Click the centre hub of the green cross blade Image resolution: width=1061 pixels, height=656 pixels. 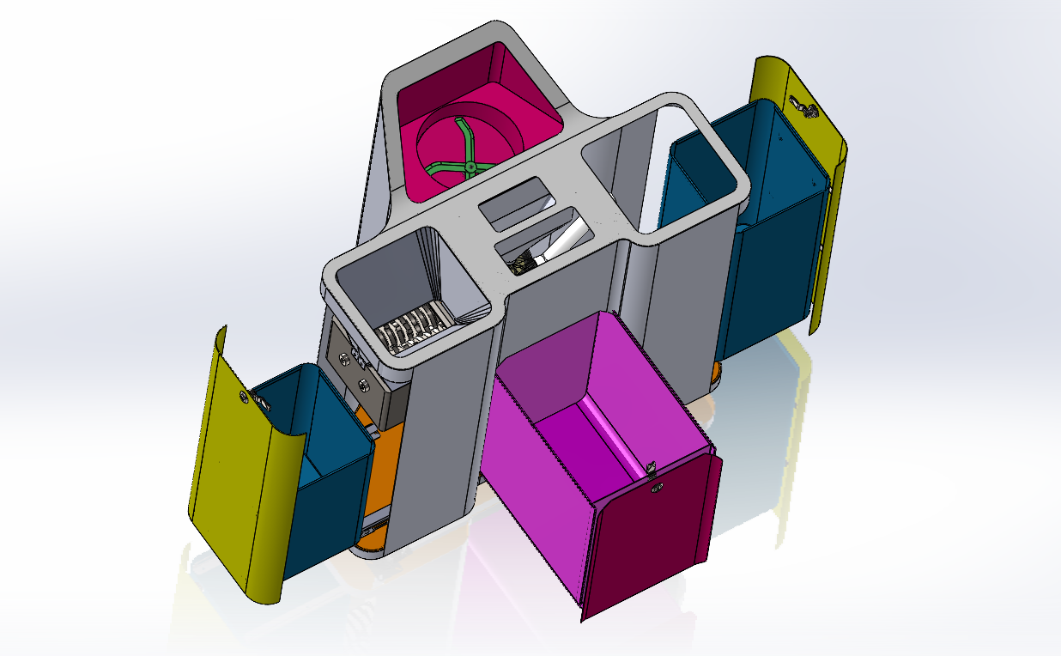pyautogui.click(x=470, y=165)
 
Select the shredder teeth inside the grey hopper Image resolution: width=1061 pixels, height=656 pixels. pyautogui.click(x=412, y=329)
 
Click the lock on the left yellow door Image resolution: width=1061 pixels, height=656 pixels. pyautogui.click(x=244, y=397)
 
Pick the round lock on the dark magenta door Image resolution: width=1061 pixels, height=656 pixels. pyautogui.click(x=659, y=489)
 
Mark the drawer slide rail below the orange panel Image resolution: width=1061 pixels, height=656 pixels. pyautogui.click(x=374, y=518)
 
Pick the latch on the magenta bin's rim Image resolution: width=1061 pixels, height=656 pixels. pyautogui.click(x=652, y=468)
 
